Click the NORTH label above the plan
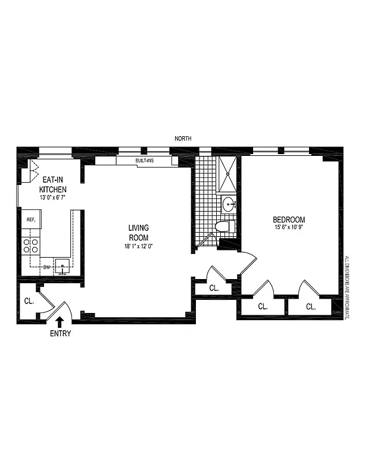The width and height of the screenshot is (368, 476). [183, 139]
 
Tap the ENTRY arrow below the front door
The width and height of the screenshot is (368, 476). [60, 322]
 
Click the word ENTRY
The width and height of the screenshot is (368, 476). [60, 334]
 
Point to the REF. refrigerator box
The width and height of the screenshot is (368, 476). [31, 220]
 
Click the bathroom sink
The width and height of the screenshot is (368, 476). [229, 205]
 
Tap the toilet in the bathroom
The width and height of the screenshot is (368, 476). [222, 227]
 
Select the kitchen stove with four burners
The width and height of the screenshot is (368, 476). [31, 246]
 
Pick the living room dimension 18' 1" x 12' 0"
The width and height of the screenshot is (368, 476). [138, 245]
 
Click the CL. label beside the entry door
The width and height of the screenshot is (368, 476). [29, 300]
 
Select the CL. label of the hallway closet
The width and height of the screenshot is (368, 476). [214, 288]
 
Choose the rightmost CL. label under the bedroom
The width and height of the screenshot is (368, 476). [310, 307]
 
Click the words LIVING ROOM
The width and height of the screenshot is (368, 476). [138, 232]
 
